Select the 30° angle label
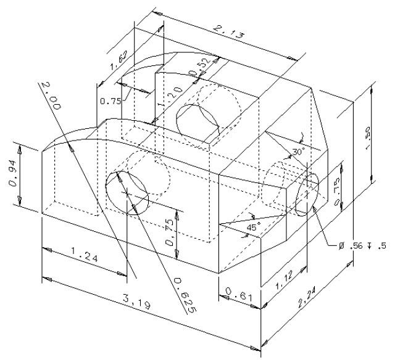[298, 151]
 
